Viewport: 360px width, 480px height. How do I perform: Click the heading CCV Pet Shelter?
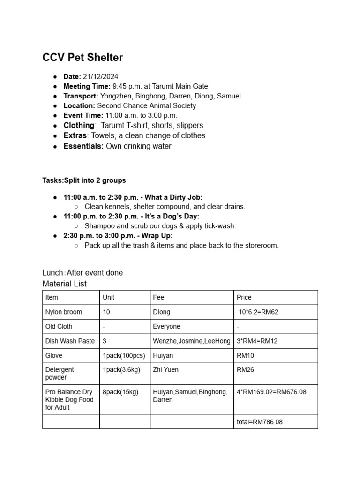(82, 58)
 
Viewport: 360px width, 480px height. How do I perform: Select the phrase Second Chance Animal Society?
(146, 105)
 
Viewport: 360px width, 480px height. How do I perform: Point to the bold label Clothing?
(79, 125)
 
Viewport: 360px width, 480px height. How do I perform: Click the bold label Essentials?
(84, 146)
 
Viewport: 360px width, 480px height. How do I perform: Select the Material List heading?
(64, 284)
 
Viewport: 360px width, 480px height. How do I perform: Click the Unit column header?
(108, 297)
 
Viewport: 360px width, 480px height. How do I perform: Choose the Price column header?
(244, 297)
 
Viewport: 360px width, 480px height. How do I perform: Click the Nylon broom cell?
(63, 312)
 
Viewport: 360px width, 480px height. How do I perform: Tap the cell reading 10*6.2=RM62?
(258, 312)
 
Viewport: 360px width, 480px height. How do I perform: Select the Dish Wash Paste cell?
(70, 341)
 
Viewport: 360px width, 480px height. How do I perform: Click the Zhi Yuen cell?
(165, 370)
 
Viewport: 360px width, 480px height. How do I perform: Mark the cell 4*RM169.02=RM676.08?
(271, 392)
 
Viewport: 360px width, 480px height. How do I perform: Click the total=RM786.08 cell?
(260, 422)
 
